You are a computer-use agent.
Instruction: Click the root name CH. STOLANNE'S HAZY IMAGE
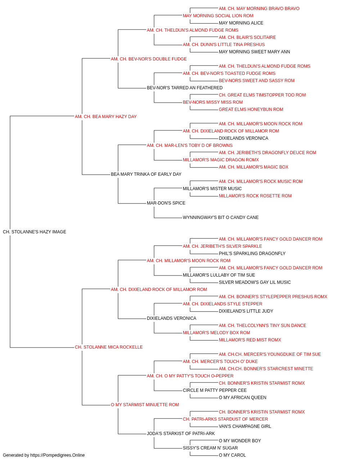35,232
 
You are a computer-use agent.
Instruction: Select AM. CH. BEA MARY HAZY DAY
105,116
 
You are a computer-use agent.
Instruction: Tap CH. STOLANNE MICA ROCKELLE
109,347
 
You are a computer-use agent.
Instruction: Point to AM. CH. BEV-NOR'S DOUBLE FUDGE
149,59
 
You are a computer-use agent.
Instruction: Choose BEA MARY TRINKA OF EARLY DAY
146,174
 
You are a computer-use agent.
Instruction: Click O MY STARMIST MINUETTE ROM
145,405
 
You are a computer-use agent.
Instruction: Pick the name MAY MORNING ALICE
241,23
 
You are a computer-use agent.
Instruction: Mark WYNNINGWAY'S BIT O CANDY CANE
221,218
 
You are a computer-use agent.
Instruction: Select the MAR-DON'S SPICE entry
166,203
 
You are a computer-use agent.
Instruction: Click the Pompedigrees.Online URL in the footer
57,455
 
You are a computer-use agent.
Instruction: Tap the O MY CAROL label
232,455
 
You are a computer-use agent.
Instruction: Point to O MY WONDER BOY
240,440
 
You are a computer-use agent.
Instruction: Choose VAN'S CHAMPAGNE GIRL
245,426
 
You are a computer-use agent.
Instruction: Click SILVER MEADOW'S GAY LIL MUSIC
255,282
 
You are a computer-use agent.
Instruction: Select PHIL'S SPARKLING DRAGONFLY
252,253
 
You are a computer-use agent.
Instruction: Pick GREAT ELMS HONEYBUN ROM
251,109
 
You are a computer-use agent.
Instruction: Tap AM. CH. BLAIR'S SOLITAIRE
247,37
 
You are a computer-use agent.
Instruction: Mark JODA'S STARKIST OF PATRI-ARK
181,433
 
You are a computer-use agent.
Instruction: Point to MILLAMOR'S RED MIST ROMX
250,340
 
